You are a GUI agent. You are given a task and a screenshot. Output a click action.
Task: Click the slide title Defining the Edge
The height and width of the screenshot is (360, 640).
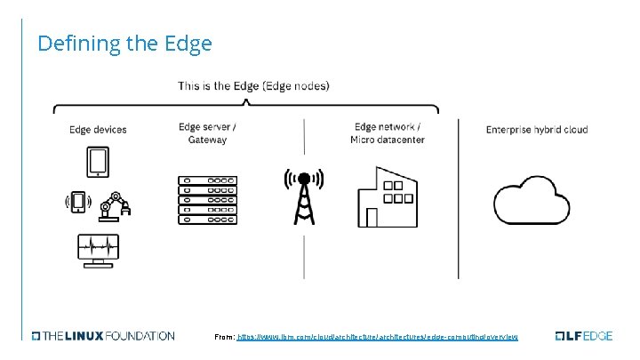click(x=124, y=43)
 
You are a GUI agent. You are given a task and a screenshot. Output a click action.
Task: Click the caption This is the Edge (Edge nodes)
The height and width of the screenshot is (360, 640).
click(x=253, y=86)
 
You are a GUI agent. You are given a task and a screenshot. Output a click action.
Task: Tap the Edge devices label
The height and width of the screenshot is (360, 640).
click(x=98, y=130)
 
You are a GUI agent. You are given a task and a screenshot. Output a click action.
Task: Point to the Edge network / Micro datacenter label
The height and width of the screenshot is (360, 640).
click(x=387, y=133)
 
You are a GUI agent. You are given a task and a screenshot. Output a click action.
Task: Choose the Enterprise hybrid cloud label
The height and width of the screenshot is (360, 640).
click(x=537, y=130)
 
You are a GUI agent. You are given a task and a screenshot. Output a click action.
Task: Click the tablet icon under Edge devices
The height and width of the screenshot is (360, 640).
click(x=97, y=163)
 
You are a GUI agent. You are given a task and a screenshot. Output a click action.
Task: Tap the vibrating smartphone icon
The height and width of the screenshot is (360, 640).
click(x=78, y=203)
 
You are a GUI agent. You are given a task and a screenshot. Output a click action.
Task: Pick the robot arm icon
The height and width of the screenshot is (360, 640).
click(x=116, y=204)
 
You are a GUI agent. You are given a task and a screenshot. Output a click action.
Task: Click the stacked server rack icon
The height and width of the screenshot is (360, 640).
click(x=208, y=201)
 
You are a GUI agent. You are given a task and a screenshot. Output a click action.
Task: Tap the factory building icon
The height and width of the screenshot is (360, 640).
click(x=387, y=197)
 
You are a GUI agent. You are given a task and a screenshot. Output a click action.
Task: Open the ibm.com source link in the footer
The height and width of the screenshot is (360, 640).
click(x=378, y=337)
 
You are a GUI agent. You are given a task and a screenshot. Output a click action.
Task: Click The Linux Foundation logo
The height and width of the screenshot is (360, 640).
click(x=104, y=336)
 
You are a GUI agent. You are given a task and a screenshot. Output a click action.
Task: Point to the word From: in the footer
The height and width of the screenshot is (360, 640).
click(x=225, y=337)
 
